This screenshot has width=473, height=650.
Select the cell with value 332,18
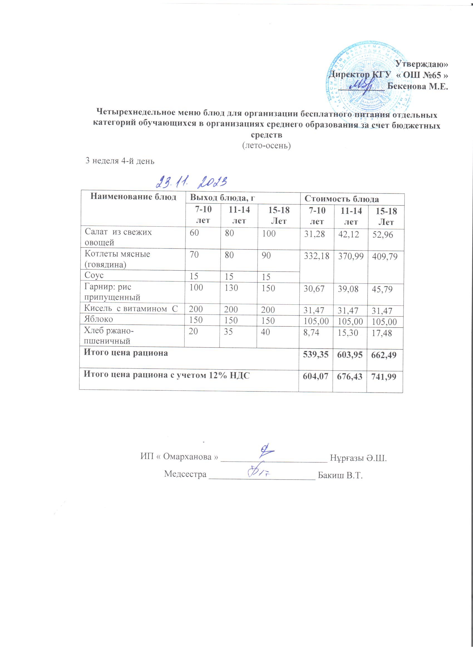(x=316, y=256)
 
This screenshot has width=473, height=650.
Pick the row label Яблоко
(x=98, y=319)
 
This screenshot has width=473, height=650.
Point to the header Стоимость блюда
(x=341, y=199)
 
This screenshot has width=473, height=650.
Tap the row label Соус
(x=94, y=276)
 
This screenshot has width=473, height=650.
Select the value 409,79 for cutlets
(x=385, y=257)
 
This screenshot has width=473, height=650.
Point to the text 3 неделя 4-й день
(x=120, y=161)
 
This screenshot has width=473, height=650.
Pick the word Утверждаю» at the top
(x=422, y=64)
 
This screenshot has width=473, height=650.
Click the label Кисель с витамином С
(x=131, y=308)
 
